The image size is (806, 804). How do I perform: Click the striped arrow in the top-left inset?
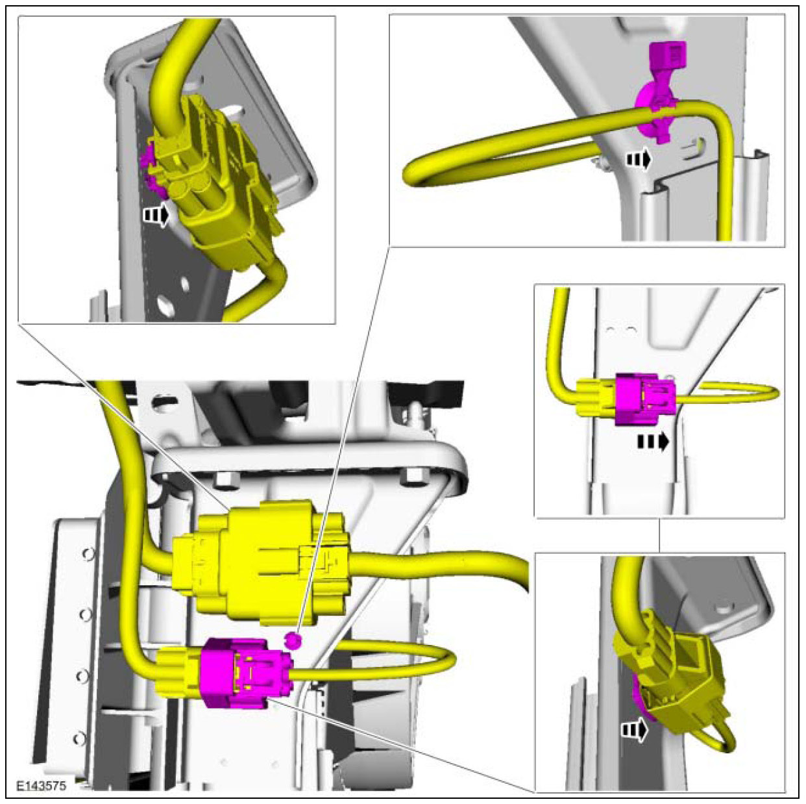tap(156, 215)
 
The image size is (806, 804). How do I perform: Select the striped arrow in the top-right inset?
tap(639, 160)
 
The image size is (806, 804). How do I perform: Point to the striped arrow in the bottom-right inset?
tap(634, 742)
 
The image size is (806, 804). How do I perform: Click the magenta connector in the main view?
tap(245, 673)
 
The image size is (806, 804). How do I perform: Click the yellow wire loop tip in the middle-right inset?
tap(776, 394)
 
